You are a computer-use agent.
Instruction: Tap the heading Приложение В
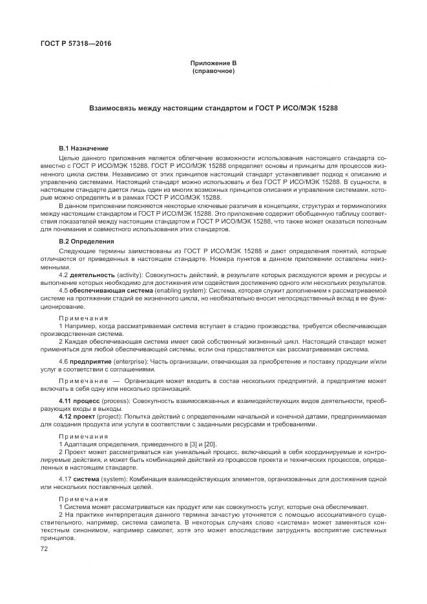213,62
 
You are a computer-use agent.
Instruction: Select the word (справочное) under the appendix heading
213,70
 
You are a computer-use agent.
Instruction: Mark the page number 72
45,548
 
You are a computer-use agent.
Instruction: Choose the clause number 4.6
64,360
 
